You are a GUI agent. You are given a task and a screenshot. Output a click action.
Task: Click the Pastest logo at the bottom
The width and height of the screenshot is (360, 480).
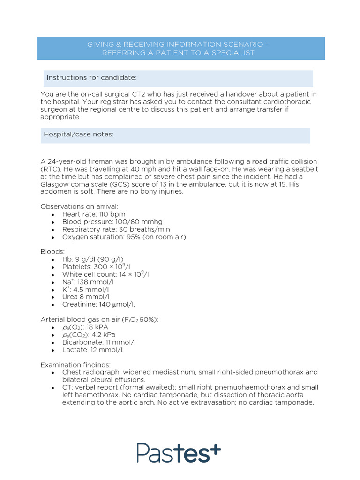tap(179, 452)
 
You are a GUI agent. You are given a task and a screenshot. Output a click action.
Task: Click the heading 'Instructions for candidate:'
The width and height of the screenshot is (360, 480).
tap(91, 77)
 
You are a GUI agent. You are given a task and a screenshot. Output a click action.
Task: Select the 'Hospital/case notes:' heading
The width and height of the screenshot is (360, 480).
tap(79, 135)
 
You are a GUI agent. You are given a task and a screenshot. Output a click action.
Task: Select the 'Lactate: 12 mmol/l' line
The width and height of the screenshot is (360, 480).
tap(93, 349)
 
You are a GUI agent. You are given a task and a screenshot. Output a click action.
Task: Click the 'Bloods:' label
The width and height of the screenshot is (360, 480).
tap(52, 252)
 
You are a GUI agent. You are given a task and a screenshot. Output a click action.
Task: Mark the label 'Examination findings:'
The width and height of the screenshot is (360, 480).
tap(75, 364)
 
